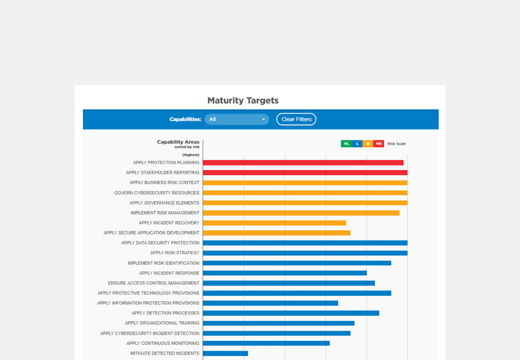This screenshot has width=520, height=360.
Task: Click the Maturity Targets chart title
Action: point(243,100)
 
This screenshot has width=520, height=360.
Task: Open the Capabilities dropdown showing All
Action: point(236,119)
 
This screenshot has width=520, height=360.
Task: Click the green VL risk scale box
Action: point(346,144)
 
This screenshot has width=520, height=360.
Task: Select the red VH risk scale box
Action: point(379,144)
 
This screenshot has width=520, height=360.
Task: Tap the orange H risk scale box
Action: point(368,144)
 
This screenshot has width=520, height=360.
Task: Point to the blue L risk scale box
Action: point(357,144)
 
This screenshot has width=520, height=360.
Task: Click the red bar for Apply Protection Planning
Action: point(303,163)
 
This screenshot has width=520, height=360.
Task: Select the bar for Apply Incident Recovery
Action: point(274,223)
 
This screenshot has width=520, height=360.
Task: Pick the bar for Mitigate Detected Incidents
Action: point(225,353)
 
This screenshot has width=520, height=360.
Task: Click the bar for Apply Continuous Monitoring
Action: point(266,344)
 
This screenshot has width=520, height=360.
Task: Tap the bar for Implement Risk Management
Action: point(301,213)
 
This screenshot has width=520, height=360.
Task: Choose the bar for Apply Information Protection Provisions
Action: point(270,303)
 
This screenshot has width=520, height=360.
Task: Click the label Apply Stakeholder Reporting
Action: point(163,173)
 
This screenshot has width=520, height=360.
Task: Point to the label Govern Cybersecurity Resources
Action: point(157,193)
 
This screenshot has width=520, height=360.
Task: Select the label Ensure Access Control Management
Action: point(154,283)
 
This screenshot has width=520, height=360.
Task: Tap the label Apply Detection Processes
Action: point(165,313)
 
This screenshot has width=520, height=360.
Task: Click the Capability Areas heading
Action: point(178,142)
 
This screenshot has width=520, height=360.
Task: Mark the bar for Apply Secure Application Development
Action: point(277,233)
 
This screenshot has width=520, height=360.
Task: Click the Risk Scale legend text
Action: point(397,144)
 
